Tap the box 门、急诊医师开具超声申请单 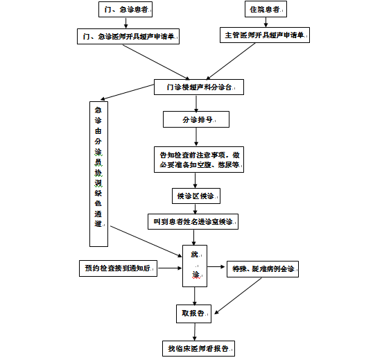128,36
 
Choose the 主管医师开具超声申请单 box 265,35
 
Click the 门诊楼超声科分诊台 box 198,88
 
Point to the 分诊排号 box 198,119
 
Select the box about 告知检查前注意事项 198,160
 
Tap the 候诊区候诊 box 198,196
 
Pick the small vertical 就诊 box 195,265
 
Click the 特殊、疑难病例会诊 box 263,267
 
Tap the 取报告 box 195,314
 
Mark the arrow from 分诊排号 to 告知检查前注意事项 198,137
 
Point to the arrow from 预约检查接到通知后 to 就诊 170,267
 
